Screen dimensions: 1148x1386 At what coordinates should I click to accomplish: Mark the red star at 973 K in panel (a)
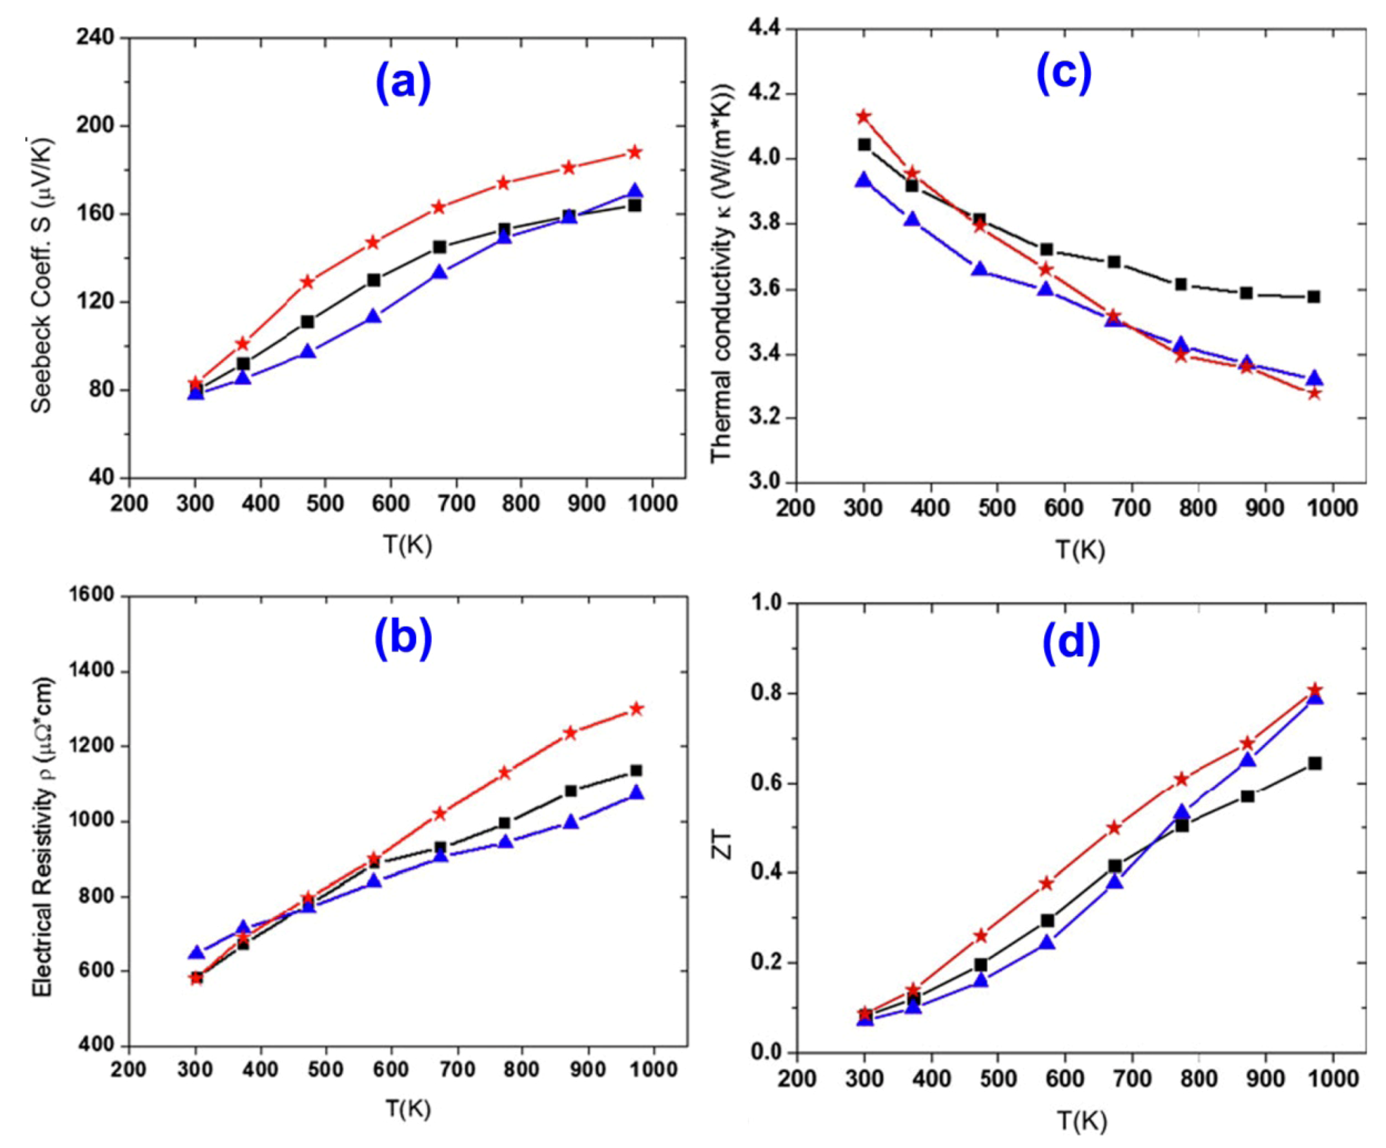tap(635, 153)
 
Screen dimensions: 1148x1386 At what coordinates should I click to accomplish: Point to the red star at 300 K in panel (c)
tap(863, 117)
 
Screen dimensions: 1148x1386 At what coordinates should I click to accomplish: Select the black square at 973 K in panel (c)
tap(1314, 296)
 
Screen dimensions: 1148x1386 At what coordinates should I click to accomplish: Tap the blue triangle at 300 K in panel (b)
tap(196, 953)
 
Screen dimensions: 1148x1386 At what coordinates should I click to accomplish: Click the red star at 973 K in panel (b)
tap(636, 709)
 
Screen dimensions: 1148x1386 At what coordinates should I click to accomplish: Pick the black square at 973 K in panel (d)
tap(1314, 763)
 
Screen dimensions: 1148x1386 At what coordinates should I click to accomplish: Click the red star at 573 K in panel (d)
tap(1047, 883)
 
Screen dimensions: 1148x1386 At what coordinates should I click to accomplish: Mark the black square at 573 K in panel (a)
tap(374, 280)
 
